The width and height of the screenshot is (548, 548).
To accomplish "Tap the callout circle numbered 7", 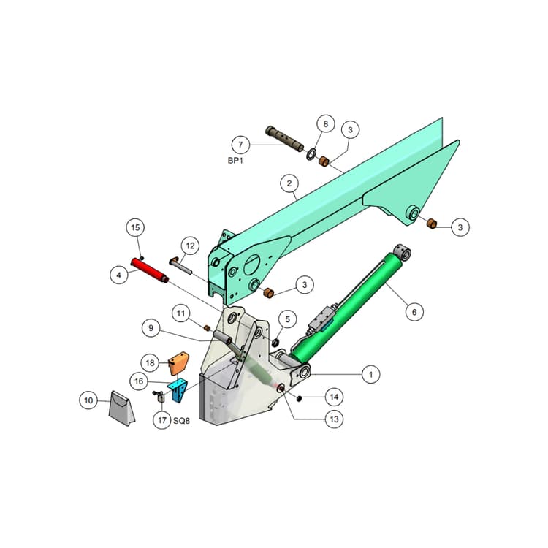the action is [240, 145].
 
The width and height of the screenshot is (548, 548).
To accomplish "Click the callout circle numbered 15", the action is [135, 227].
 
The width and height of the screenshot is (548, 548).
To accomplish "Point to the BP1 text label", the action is [235, 161].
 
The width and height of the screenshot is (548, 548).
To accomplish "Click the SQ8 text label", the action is [181, 421].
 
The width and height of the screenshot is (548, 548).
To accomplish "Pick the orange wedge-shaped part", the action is [178, 363].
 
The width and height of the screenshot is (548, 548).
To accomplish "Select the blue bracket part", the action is [178, 391].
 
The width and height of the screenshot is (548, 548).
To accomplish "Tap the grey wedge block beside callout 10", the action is [121, 408].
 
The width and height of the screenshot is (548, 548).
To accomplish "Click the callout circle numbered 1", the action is [370, 375].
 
